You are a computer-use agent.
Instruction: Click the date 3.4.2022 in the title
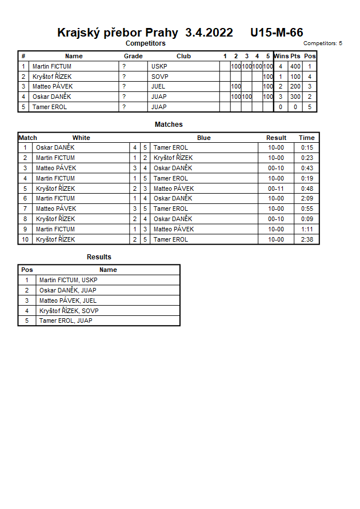pyautogui.click(x=209, y=33)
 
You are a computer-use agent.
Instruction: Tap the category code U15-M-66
pyautogui.click(x=277, y=33)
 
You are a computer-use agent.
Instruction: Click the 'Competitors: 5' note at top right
pyautogui.click(x=322, y=43)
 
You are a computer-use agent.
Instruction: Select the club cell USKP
pyautogui.click(x=159, y=66)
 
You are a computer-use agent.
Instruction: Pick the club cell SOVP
pyautogui.click(x=159, y=77)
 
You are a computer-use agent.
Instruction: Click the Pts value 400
pyautogui.click(x=295, y=66)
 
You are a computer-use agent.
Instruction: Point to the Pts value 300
pyautogui.click(x=295, y=97)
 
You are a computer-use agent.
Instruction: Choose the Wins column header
pyautogui.click(x=281, y=56)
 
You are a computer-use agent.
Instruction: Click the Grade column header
pyautogui.click(x=133, y=56)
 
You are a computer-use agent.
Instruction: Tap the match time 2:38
pyautogui.click(x=307, y=239)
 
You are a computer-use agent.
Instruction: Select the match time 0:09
pyautogui.click(x=307, y=219)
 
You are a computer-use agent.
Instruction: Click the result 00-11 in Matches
pyautogui.click(x=276, y=189)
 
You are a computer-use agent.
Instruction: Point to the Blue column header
pyautogui.click(x=203, y=138)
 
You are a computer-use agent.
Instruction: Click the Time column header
pyautogui.click(x=306, y=138)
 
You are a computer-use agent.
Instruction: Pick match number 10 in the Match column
pyautogui.click(x=25, y=239)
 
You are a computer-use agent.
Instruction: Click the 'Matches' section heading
pyautogui.click(x=169, y=124)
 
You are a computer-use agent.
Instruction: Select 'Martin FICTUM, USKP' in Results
pyautogui.click(x=68, y=280)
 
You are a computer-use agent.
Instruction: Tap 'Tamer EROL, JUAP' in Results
pyautogui.click(x=66, y=320)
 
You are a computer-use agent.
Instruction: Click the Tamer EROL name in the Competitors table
pyautogui.click(x=49, y=107)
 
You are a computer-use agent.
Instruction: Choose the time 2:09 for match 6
pyautogui.click(x=307, y=198)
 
